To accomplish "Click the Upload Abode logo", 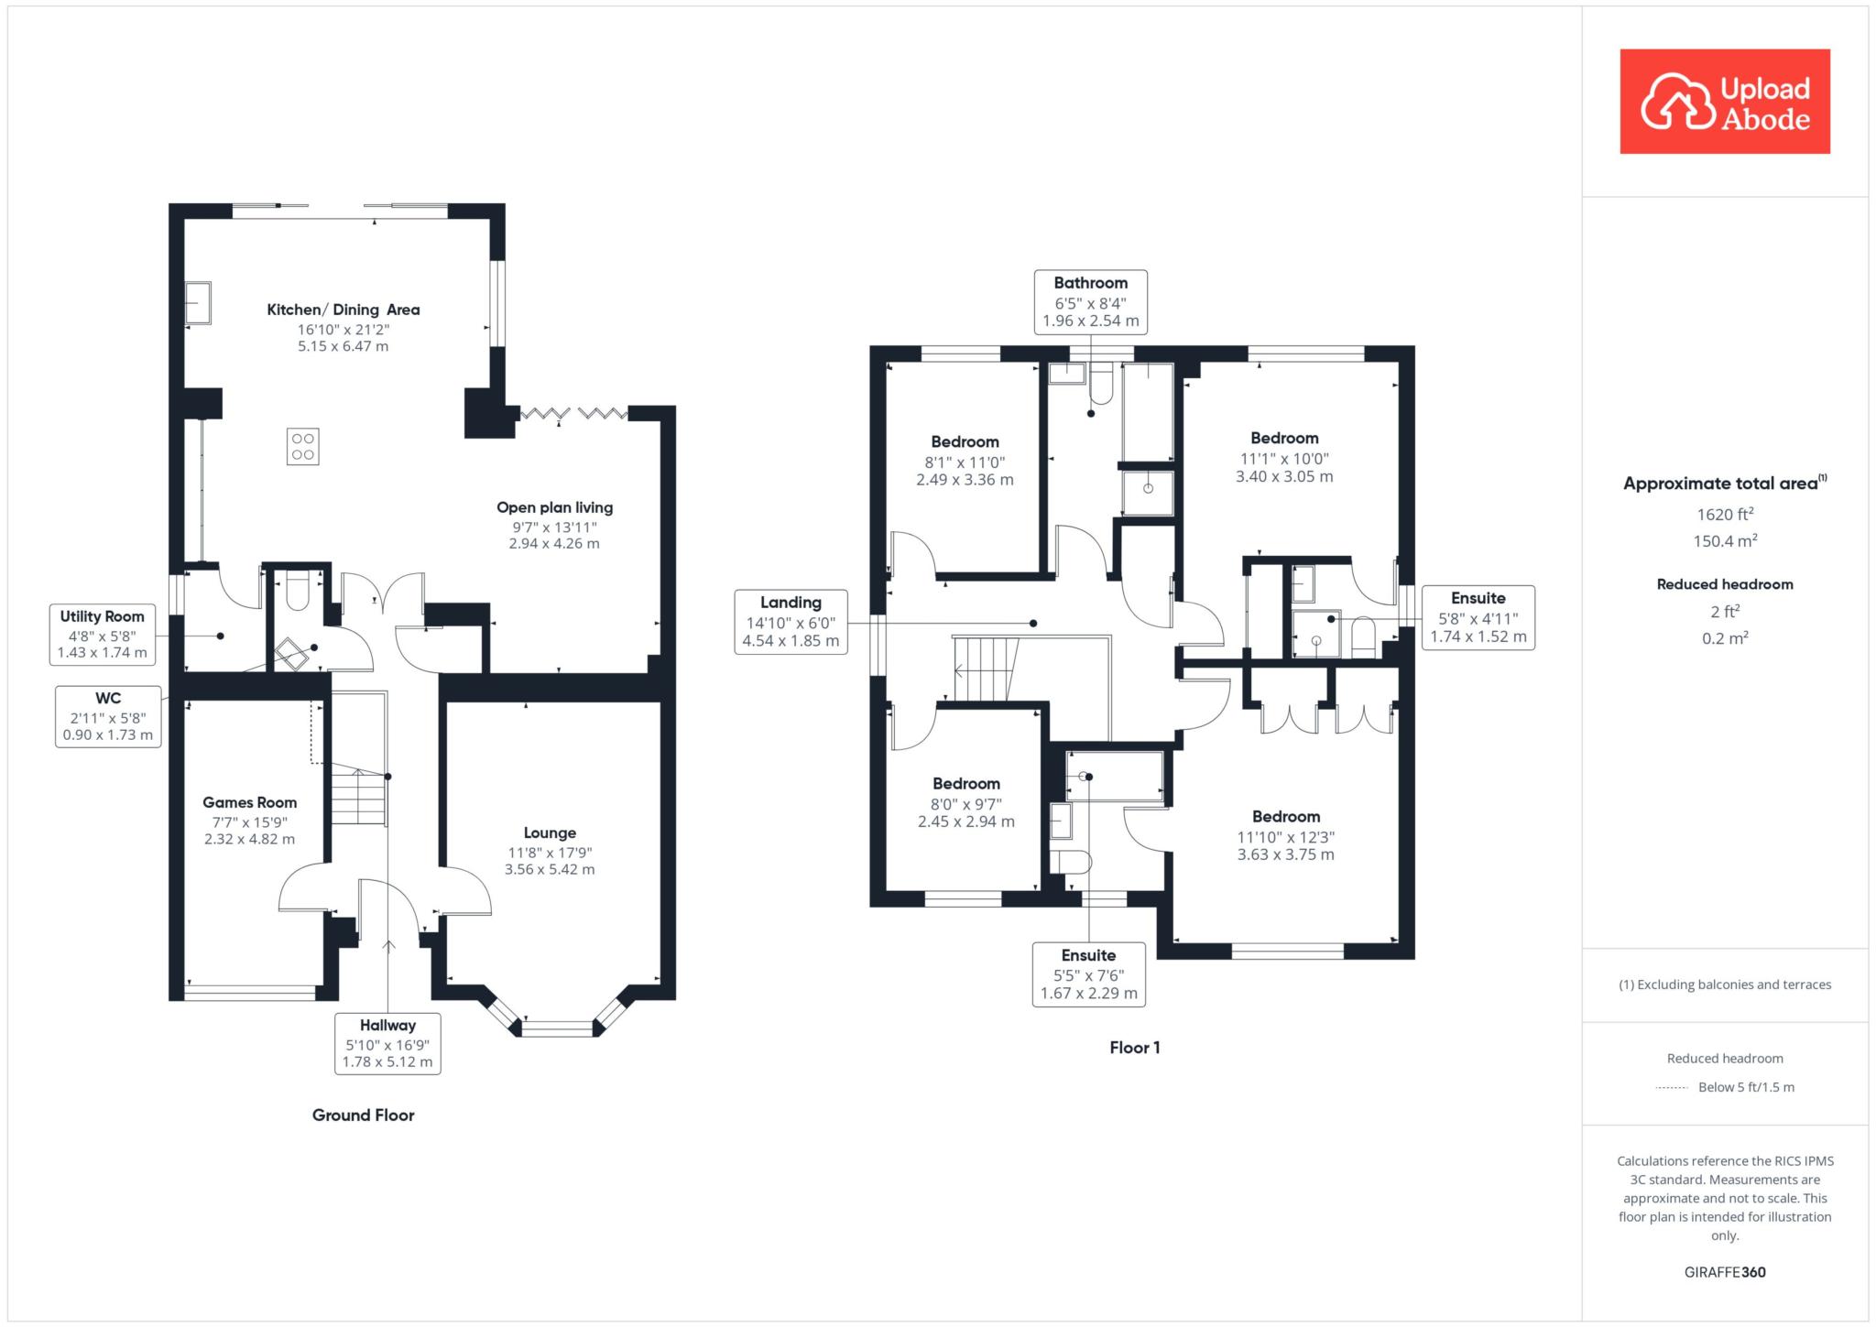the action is pos(1725,102).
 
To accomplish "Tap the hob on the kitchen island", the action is pos(302,446).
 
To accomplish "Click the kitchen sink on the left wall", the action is pos(198,302).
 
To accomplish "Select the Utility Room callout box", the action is pos(102,634).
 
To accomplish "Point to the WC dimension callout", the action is pos(108,716).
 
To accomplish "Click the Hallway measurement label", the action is pos(387,1043).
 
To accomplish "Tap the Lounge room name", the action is pos(550,832).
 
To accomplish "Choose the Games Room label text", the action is pos(250,802).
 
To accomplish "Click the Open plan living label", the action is pos(555,507).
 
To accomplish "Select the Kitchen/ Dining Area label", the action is pos(344,310).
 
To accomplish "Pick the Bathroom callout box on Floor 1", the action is pos(1090,301).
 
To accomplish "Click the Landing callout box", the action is pos(791,622).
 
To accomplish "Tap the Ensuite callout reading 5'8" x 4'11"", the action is pos(1478,617).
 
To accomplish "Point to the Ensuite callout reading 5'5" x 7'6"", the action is pos(1089,974).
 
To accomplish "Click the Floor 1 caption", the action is pos(1135,1048).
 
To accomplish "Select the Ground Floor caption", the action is pos(364,1115).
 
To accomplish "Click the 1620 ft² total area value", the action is pos(1725,514).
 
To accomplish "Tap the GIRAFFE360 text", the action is pos(1725,1272).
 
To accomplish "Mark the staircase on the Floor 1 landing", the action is pos(986,669).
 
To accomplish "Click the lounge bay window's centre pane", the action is pos(558,1028).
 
